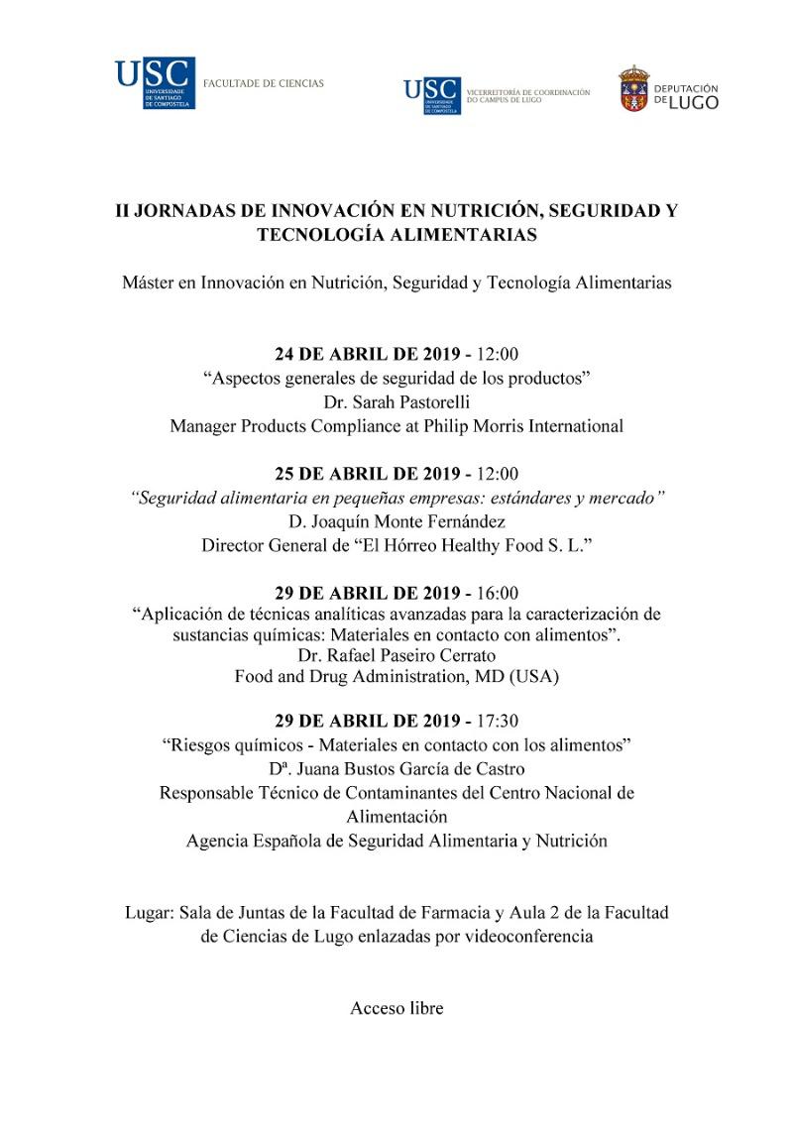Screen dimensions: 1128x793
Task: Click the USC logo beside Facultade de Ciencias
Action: [x=155, y=84]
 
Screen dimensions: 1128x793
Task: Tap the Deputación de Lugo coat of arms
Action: [x=634, y=89]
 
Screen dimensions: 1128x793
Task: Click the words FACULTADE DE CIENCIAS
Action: [x=263, y=83]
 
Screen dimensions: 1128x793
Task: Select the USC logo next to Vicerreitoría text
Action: [x=431, y=96]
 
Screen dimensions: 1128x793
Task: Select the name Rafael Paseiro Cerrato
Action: [x=410, y=655]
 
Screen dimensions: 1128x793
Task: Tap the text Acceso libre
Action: [x=396, y=1008]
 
